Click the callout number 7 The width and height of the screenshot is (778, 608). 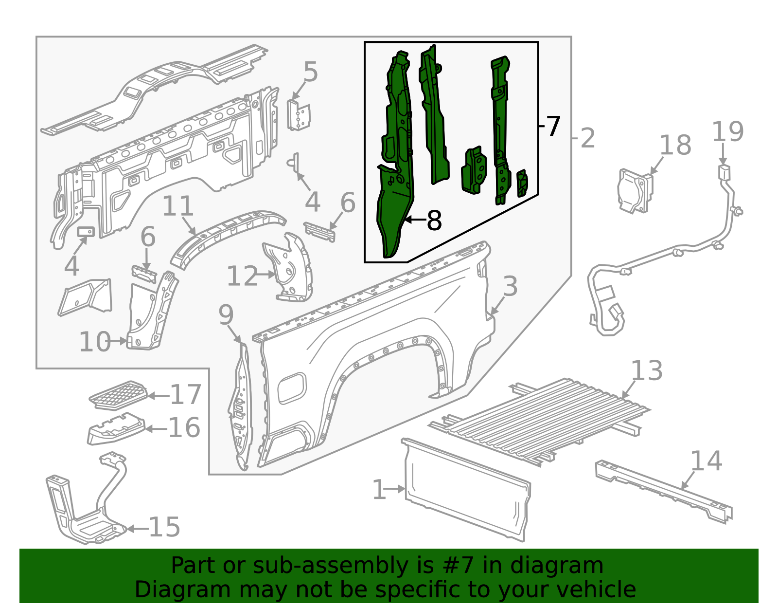pyautogui.click(x=553, y=127)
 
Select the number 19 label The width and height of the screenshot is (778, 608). pyautogui.click(x=727, y=132)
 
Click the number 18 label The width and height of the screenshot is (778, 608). pyautogui.click(x=675, y=145)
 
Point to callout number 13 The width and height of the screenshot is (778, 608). pyautogui.click(x=647, y=371)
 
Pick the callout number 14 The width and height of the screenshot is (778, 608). pyautogui.click(x=706, y=461)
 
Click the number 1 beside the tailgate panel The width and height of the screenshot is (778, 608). pyautogui.click(x=379, y=490)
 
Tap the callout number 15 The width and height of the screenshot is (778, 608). pyautogui.click(x=164, y=527)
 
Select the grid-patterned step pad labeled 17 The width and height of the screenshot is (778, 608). pyautogui.click(x=118, y=395)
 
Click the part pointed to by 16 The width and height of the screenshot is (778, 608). pyautogui.click(x=116, y=429)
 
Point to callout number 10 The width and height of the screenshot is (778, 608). pyautogui.click(x=95, y=342)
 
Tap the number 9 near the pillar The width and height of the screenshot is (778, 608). pyautogui.click(x=226, y=315)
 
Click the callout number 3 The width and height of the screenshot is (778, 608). pyautogui.click(x=510, y=286)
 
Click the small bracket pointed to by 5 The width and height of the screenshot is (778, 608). pyautogui.click(x=299, y=116)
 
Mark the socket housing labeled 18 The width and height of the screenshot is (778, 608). pyautogui.click(x=634, y=191)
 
